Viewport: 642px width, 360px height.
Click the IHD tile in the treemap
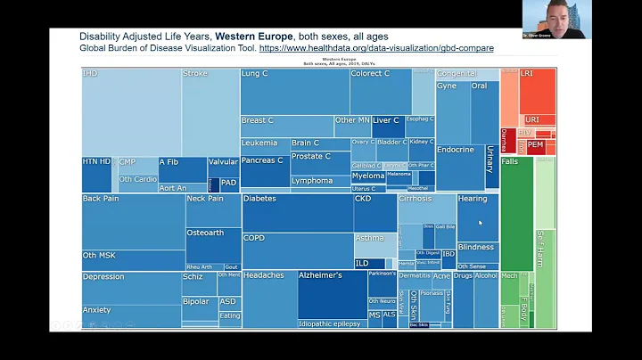(x=131, y=112)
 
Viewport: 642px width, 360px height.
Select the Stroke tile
(x=210, y=112)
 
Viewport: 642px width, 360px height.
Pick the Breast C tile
(x=285, y=126)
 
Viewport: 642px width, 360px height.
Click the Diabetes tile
(x=296, y=213)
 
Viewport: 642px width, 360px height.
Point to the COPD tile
(x=296, y=250)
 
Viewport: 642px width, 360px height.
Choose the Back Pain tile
(x=132, y=222)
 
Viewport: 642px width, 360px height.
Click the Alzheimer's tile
(x=332, y=294)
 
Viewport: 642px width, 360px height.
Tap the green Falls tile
(x=516, y=214)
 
